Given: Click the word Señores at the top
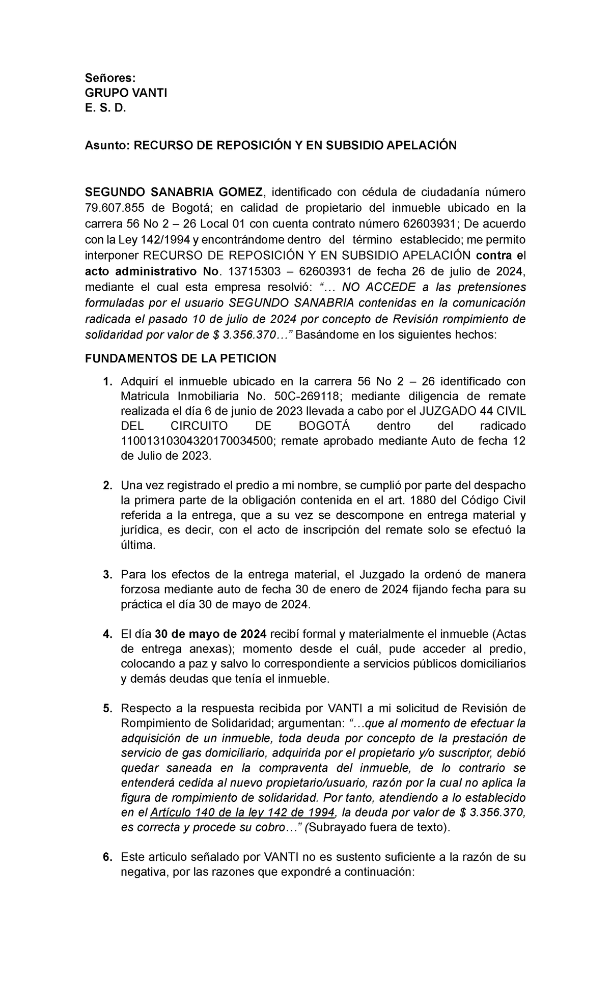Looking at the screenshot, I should click(110, 78).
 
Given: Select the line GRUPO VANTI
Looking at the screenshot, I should click(126, 93).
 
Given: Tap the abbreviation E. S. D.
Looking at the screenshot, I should click(104, 108).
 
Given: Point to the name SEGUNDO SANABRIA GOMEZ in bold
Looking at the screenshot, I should click(174, 192).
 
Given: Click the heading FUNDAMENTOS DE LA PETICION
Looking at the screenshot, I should click(180, 358).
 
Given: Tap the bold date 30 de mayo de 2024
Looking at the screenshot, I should click(210, 634).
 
